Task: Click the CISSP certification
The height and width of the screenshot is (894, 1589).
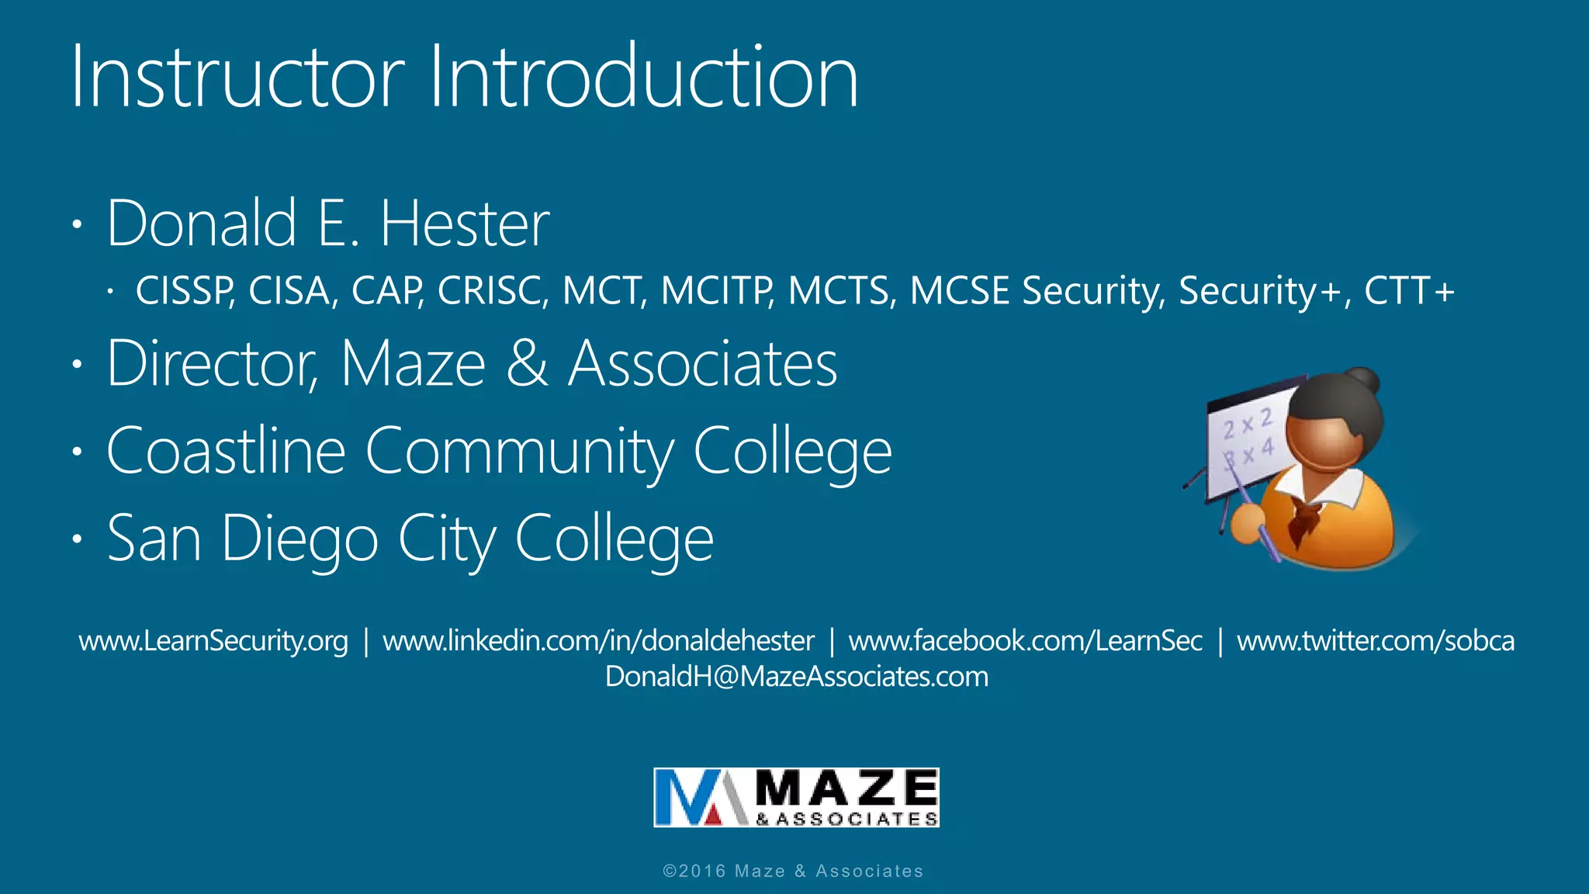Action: pos(185,291)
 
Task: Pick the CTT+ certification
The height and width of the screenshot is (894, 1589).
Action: pos(1409,291)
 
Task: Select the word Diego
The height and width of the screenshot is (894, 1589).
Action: pos(300,539)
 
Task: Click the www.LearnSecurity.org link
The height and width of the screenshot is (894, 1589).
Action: pos(213,641)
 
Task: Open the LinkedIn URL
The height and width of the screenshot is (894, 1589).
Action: pos(598,641)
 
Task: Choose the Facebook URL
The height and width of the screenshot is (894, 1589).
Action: pos(1025,641)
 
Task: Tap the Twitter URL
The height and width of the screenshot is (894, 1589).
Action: pos(1375,641)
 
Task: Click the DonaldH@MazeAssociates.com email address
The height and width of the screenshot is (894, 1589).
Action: pos(796,677)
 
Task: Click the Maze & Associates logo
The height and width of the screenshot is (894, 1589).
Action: pos(796,797)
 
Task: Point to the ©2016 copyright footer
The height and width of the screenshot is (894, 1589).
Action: pos(793,871)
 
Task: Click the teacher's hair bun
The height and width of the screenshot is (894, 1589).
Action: pos(1363,381)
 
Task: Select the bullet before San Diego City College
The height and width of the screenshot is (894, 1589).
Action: pos(76,539)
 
